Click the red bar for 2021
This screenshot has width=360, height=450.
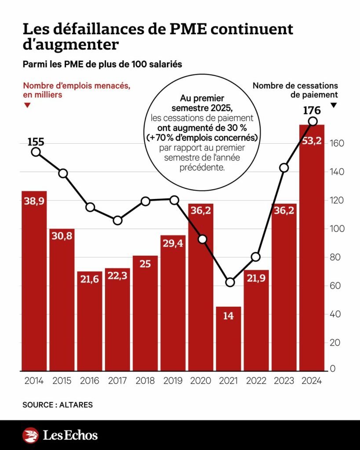click(229, 339)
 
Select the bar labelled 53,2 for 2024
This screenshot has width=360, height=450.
click(312, 248)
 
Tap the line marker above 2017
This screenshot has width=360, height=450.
click(118, 221)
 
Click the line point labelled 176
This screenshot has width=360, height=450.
click(313, 121)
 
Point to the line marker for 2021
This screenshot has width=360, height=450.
click(230, 283)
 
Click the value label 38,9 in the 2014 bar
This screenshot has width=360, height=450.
click(34, 201)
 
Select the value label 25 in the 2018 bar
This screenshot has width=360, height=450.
click(145, 264)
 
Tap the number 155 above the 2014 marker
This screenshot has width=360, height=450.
click(36, 142)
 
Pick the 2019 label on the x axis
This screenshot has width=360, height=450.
click(173, 381)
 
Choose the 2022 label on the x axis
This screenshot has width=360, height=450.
click(256, 381)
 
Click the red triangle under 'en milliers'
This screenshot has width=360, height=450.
click(27, 105)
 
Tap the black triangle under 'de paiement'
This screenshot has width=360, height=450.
click(333, 105)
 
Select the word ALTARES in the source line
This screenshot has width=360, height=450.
click(76, 405)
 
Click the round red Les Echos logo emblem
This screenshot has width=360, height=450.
click(30, 435)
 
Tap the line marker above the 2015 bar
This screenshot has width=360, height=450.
click(63, 174)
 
